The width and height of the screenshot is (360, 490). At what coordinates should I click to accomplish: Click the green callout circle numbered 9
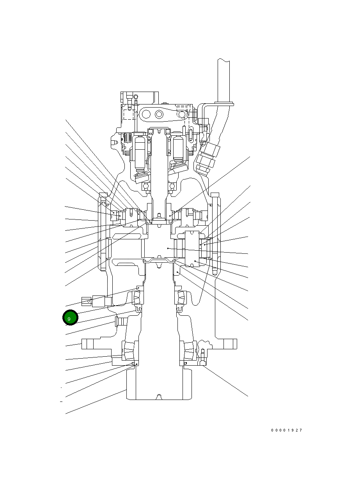click(70, 318)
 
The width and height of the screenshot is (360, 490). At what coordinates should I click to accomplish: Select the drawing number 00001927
click(287, 430)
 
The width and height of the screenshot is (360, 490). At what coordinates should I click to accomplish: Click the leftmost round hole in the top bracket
click(146, 114)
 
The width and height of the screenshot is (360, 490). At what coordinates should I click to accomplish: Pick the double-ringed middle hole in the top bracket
click(159, 114)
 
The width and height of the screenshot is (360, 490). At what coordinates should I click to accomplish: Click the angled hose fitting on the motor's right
click(206, 158)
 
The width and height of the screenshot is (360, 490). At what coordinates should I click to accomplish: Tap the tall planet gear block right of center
click(193, 249)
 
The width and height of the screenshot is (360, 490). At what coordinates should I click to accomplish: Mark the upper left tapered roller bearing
click(138, 298)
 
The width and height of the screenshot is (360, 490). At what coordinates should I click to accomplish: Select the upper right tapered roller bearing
click(182, 298)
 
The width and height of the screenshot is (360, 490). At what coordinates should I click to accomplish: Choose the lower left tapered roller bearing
click(128, 350)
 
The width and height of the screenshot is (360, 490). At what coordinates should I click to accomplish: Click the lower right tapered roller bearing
click(189, 350)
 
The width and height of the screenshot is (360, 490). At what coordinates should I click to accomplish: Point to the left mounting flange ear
click(88, 344)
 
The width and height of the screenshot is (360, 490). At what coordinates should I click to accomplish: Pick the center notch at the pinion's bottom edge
click(159, 397)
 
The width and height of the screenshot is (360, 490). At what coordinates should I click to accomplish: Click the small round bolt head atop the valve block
click(135, 97)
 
